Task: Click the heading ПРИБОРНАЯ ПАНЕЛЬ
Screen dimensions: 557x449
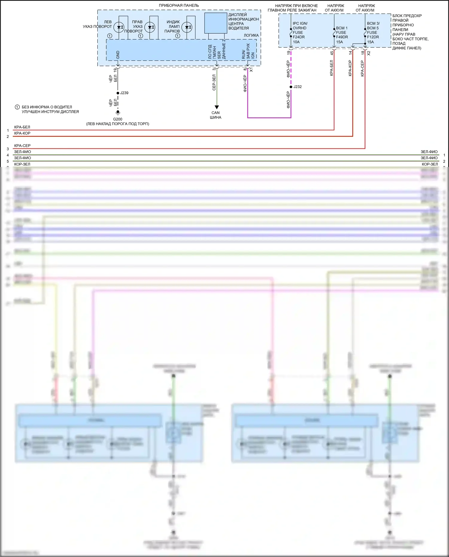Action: (179, 5)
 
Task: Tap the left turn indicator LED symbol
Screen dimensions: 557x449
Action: (119, 27)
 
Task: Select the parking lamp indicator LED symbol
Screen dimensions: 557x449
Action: (187, 27)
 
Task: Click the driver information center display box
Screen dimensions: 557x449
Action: (216, 23)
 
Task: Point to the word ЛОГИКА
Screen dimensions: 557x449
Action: (251, 35)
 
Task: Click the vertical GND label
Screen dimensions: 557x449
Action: (118, 55)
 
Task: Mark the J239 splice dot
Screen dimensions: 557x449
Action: (118, 93)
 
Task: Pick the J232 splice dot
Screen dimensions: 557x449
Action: (291, 87)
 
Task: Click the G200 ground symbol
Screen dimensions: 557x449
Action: (118, 113)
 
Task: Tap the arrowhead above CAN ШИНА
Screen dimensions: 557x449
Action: (217, 107)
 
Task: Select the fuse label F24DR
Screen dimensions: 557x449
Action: (298, 37)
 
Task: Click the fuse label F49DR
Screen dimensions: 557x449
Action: (342, 37)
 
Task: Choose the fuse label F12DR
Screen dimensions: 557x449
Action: (373, 37)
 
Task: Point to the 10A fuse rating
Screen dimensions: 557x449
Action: (296, 42)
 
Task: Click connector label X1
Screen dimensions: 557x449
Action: (251, 70)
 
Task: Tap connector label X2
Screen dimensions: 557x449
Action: (369, 53)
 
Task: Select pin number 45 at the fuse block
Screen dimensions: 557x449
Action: (332, 53)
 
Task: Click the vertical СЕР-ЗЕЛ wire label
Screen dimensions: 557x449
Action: (214, 83)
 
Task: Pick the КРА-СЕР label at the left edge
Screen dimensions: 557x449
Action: (22, 146)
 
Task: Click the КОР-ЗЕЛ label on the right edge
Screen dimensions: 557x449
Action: (430, 164)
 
